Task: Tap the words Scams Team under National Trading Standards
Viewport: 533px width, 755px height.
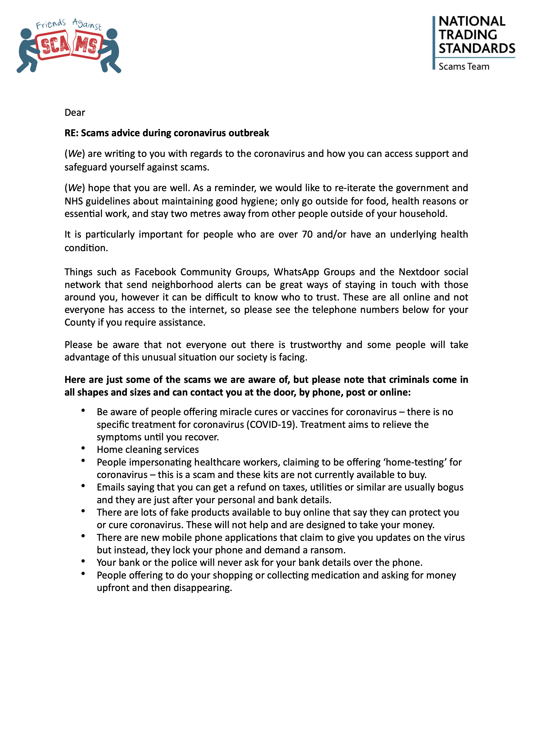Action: [464, 67]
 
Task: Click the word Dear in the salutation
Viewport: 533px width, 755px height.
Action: [75, 113]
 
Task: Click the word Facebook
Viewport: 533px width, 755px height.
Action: [155, 272]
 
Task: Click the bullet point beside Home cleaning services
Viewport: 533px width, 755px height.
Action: [83, 448]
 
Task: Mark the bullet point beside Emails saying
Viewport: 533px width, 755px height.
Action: [83, 486]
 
